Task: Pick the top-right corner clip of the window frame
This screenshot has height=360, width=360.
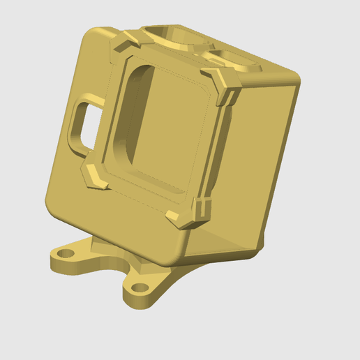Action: point(225,82)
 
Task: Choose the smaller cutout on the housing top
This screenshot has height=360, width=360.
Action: point(227,55)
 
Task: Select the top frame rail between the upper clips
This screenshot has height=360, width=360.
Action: point(174,60)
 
